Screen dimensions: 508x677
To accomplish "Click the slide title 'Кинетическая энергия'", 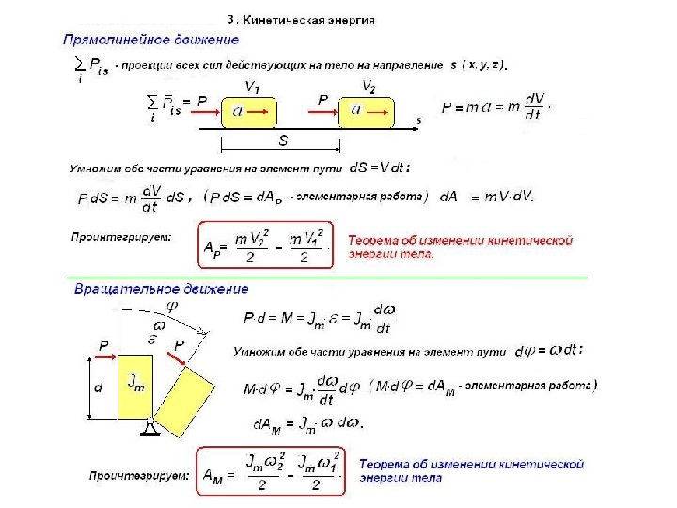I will (316, 19).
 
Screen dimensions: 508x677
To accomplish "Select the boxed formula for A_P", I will (264, 246).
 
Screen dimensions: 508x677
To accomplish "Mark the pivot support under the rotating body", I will (148, 429).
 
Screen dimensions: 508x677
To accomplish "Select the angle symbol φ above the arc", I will (171, 307).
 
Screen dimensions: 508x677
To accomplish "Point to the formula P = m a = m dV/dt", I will (495, 107).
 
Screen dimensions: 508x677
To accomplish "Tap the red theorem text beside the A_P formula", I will (460, 247).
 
